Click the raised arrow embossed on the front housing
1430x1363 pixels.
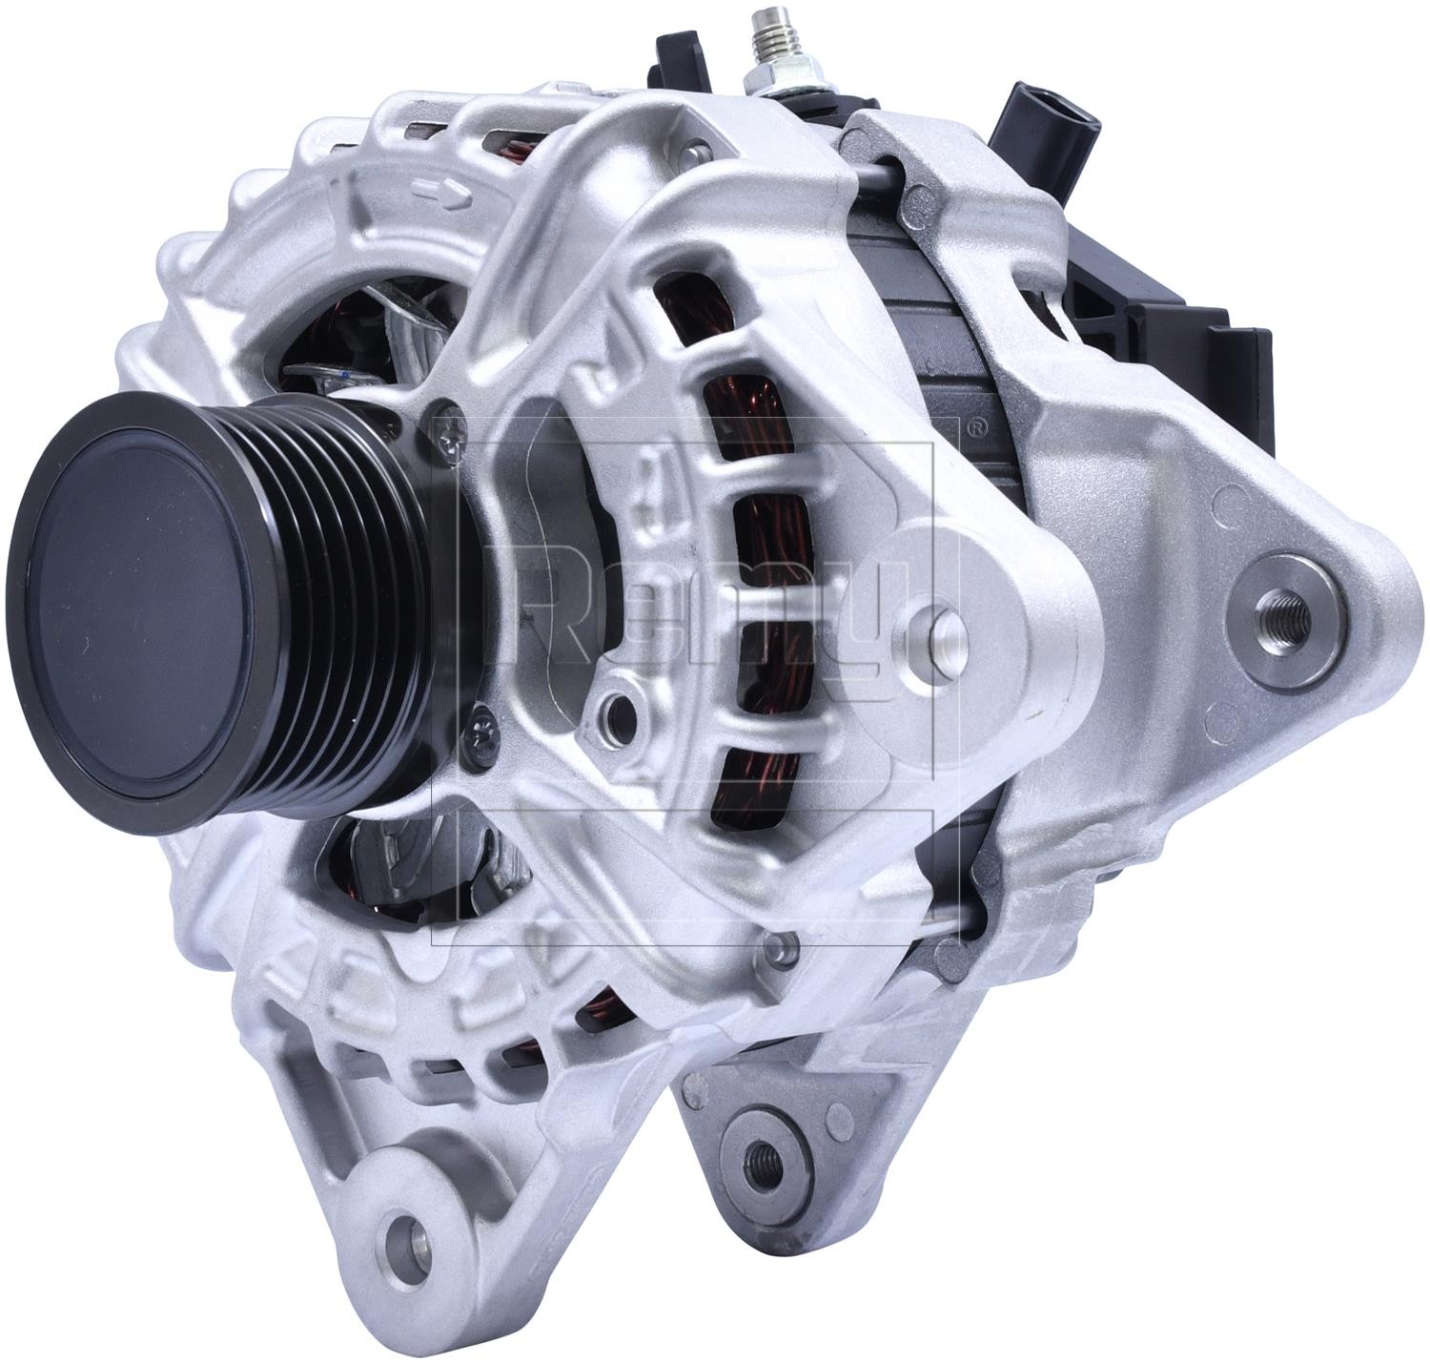tap(443, 191)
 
